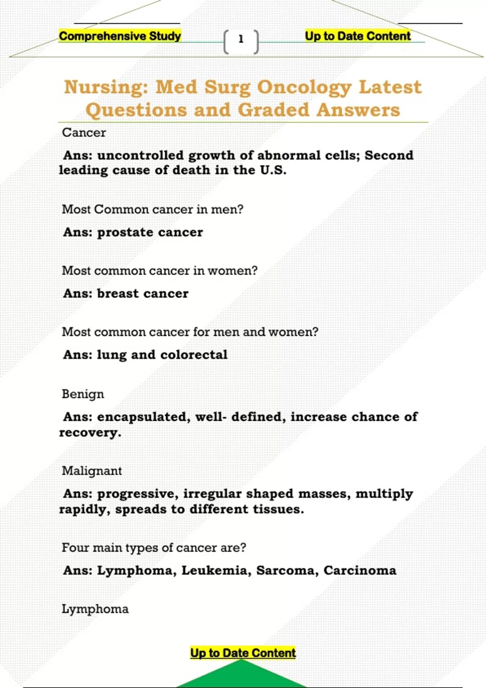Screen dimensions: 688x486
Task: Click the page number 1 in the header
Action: click(241, 39)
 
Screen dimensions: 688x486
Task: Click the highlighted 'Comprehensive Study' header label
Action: click(120, 36)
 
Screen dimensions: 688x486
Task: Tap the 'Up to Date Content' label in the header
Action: click(358, 36)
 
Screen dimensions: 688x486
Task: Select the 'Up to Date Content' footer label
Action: click(243, 653)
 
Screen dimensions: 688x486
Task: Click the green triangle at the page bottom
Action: click(241, 675)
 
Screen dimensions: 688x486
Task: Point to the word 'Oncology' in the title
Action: click(305, 87)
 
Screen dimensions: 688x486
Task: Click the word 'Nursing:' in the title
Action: click(106, 87)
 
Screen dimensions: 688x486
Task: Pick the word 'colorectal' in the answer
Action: click(194, 355)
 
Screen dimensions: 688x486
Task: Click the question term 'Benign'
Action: click(83, 394)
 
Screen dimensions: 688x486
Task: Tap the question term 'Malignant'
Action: click(92, 471)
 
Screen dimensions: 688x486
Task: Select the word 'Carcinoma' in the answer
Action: click(360, 571)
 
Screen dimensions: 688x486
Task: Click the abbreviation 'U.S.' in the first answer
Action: click(273, 170)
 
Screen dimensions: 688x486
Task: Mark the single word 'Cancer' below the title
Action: click(84, 133)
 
